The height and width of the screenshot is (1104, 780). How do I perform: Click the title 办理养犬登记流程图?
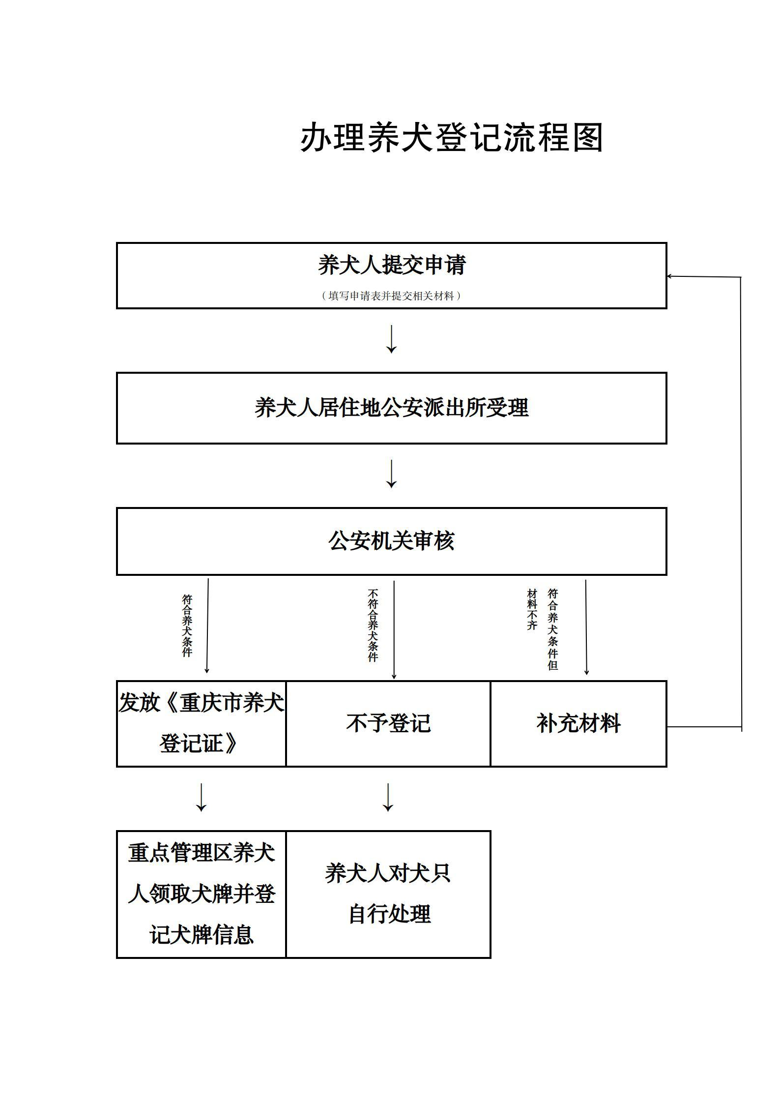point(452,138)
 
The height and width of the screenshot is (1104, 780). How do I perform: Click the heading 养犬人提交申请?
point(392,265)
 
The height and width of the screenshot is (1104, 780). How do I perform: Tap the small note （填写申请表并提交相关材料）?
point(391,296)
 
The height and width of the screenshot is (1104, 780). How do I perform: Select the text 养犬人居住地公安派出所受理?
point(392,408)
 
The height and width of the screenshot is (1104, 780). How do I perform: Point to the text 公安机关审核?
point(392,541)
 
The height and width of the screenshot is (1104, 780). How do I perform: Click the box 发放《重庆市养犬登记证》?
point(201,723)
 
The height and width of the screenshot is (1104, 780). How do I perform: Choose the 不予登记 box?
point(388,723)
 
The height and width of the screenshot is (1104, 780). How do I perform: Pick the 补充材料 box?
point(578,723)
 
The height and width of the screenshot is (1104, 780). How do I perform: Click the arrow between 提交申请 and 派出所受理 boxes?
point(391,339)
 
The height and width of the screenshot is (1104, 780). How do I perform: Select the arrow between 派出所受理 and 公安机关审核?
point(391,474)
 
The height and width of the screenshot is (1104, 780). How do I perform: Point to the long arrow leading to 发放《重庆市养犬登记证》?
point(207,626)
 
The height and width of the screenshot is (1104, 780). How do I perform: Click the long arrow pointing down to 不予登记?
point(394,630)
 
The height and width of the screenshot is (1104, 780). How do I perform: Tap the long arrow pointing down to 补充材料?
point(586,627)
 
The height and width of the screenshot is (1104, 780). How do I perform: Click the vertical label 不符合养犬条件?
point(373,626)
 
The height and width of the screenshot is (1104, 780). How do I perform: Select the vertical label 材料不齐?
point(532,609)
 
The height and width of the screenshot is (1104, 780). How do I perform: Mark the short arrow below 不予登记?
point(388,797)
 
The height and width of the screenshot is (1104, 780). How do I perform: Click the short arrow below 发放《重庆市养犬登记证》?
point(201,797)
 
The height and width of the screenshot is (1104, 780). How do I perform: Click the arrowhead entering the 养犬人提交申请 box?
point(669,276)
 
